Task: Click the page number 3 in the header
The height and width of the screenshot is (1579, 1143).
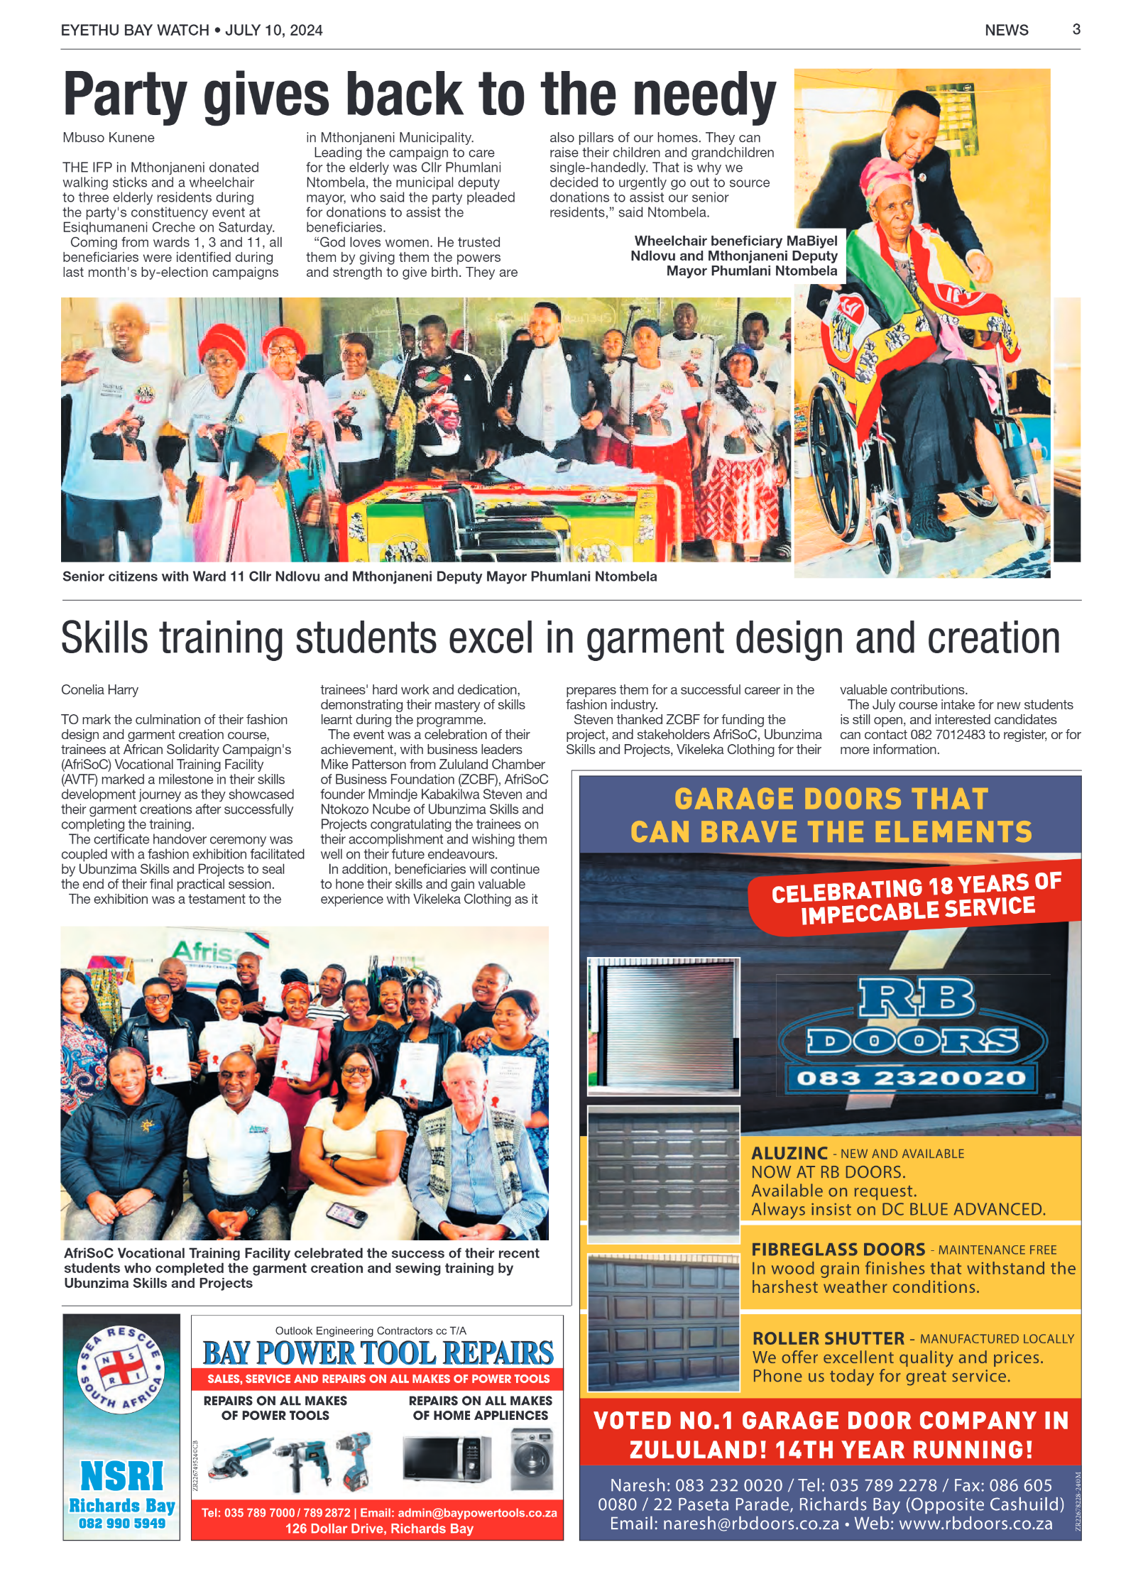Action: pos(1076,29)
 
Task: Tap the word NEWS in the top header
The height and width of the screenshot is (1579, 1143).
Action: pos(1006,30)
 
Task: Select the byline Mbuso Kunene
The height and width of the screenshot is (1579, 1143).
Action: pos(109,138)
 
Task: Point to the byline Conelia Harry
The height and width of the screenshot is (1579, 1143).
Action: pos(99,689)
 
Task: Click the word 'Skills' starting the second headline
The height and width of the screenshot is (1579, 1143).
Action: pos(104,638)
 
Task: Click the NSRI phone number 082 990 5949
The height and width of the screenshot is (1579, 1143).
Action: pos(122,1523)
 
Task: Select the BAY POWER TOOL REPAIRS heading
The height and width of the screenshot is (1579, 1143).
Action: pos(378,1353)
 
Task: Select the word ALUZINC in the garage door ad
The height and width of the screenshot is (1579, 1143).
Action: pos(789,1153)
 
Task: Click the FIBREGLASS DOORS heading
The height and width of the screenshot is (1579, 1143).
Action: pos(838,1249)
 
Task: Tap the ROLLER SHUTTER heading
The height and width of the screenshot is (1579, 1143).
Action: pos(828,1338)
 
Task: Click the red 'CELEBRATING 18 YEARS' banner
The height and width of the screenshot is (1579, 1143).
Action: pos(916,898)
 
